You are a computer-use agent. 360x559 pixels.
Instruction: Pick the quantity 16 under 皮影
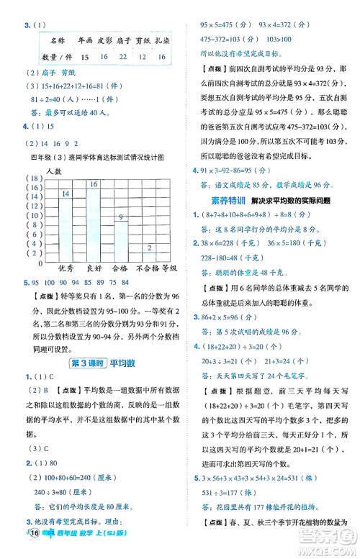point(104,56)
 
